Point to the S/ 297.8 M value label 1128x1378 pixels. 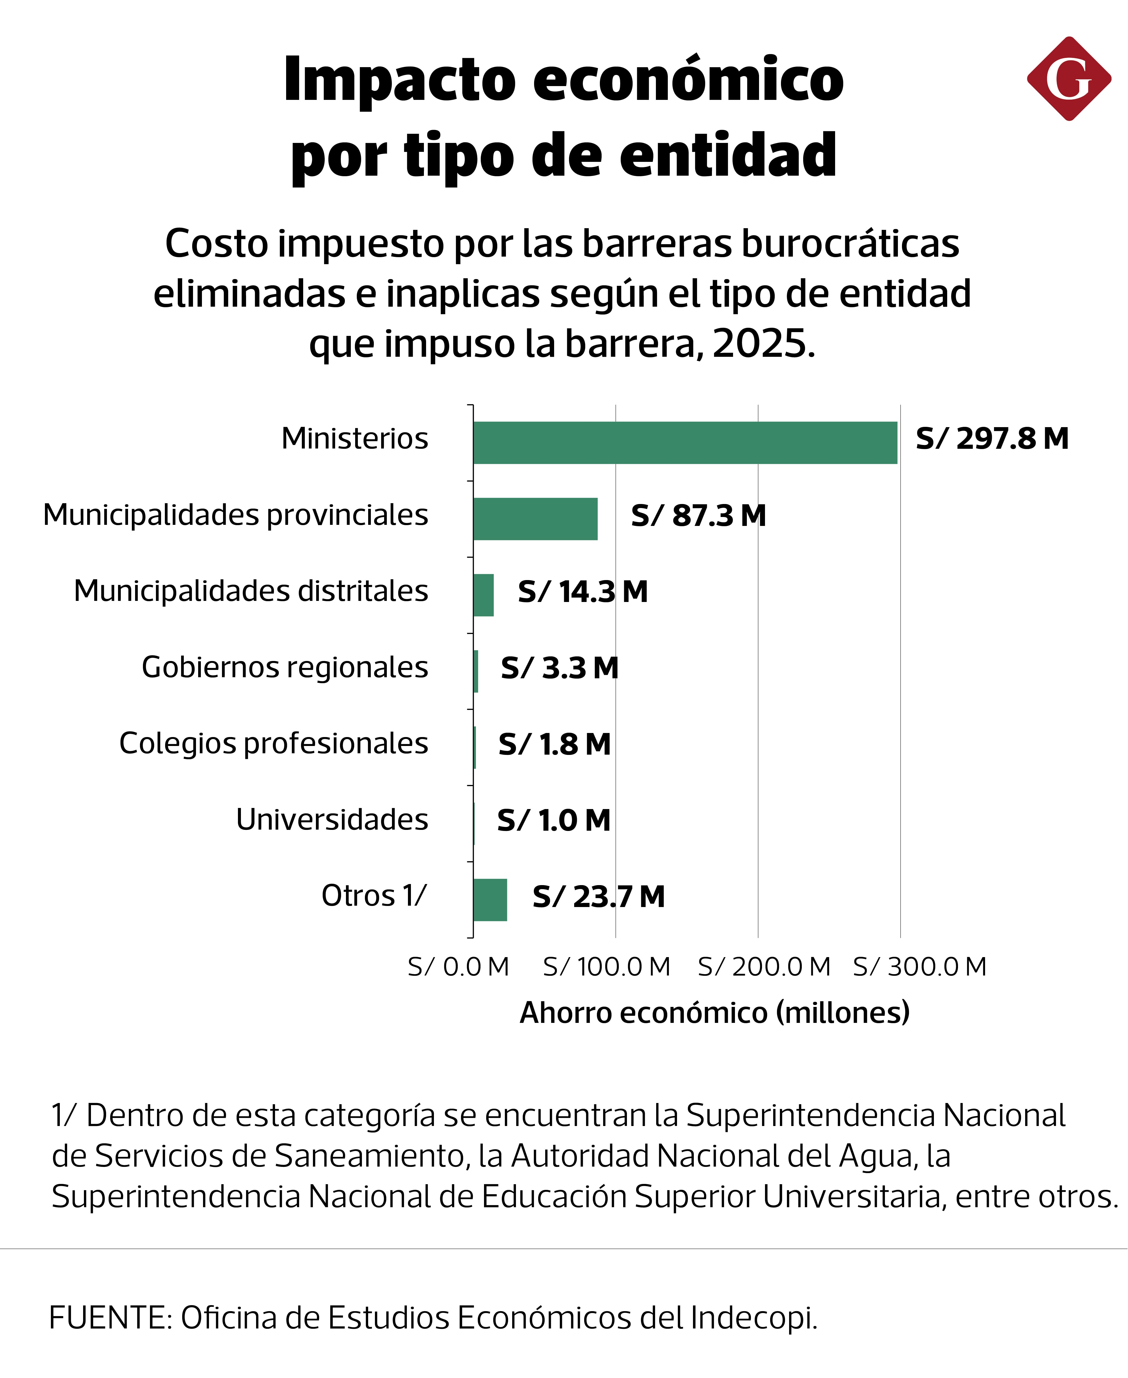tap(992, 439)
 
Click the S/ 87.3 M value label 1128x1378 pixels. tap(698, 516)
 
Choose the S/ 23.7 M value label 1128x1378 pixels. tap(599, 897)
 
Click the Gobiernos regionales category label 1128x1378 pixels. tap(285, 667)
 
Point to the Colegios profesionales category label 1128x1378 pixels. tap(274, 743)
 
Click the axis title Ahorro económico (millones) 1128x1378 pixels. tap(715, 1013)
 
